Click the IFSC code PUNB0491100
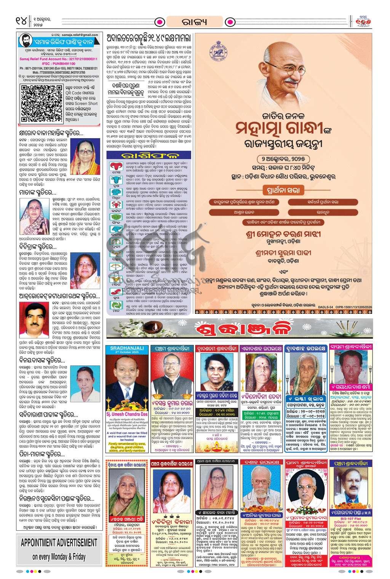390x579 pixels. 58,64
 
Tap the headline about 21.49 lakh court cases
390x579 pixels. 149,37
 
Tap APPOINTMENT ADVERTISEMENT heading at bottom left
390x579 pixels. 59,542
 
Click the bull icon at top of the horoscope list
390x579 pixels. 113,166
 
